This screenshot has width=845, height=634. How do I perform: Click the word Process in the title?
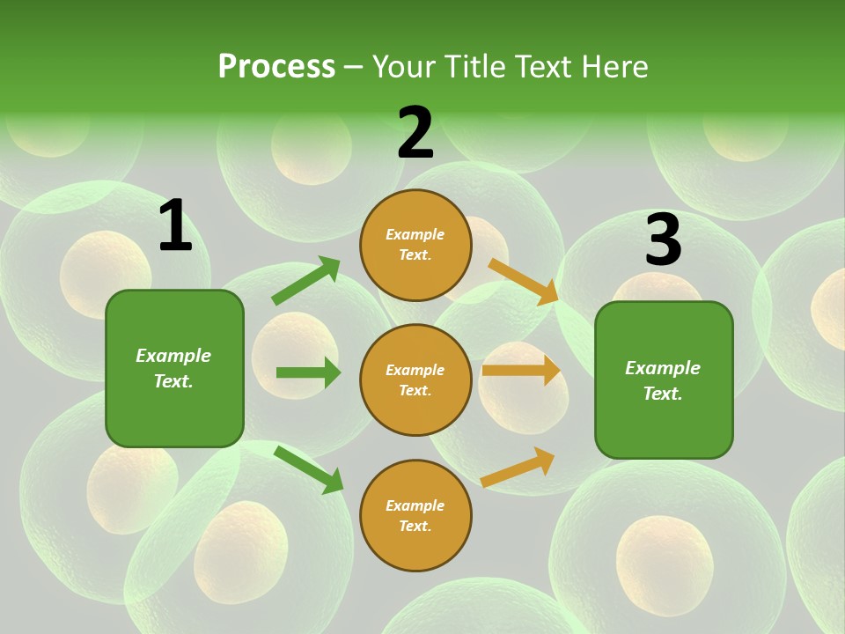coord(276,67)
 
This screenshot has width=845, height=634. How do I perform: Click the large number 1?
coord(174,226)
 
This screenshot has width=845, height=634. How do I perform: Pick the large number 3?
coord(663,240)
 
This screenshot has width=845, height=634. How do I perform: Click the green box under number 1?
coord(174,368)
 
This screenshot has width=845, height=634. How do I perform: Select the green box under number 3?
coord(664,380)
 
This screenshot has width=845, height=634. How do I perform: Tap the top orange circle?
coord(415,245)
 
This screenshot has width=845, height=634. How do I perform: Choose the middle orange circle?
coord(415,380)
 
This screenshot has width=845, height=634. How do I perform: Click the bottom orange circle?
coord(415,515)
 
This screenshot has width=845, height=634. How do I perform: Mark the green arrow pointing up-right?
coord(306,281)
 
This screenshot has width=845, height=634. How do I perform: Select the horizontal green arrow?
coord(308,372)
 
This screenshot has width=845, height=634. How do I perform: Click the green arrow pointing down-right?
coord(308,469)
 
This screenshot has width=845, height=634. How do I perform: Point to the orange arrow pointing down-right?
coord(524,281)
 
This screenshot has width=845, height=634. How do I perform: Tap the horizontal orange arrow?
coord(521,371)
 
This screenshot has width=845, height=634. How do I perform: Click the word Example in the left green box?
coord(173,356)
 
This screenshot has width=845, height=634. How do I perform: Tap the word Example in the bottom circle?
coord(415,505)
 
